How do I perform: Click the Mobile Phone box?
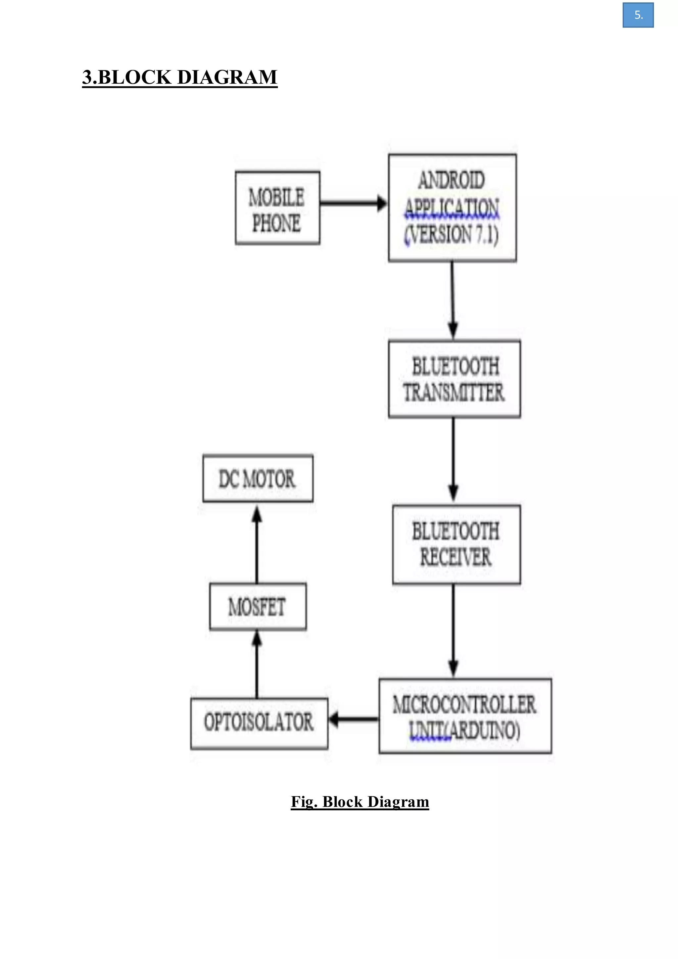277,208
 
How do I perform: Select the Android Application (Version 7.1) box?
452,208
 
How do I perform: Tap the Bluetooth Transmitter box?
454,379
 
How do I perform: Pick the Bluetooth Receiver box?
456,544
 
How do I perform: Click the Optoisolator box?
259,724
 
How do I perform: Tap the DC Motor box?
258,478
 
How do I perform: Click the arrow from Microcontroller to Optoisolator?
354,719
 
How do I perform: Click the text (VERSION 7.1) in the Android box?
451,234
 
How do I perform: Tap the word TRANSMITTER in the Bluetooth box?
454,393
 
